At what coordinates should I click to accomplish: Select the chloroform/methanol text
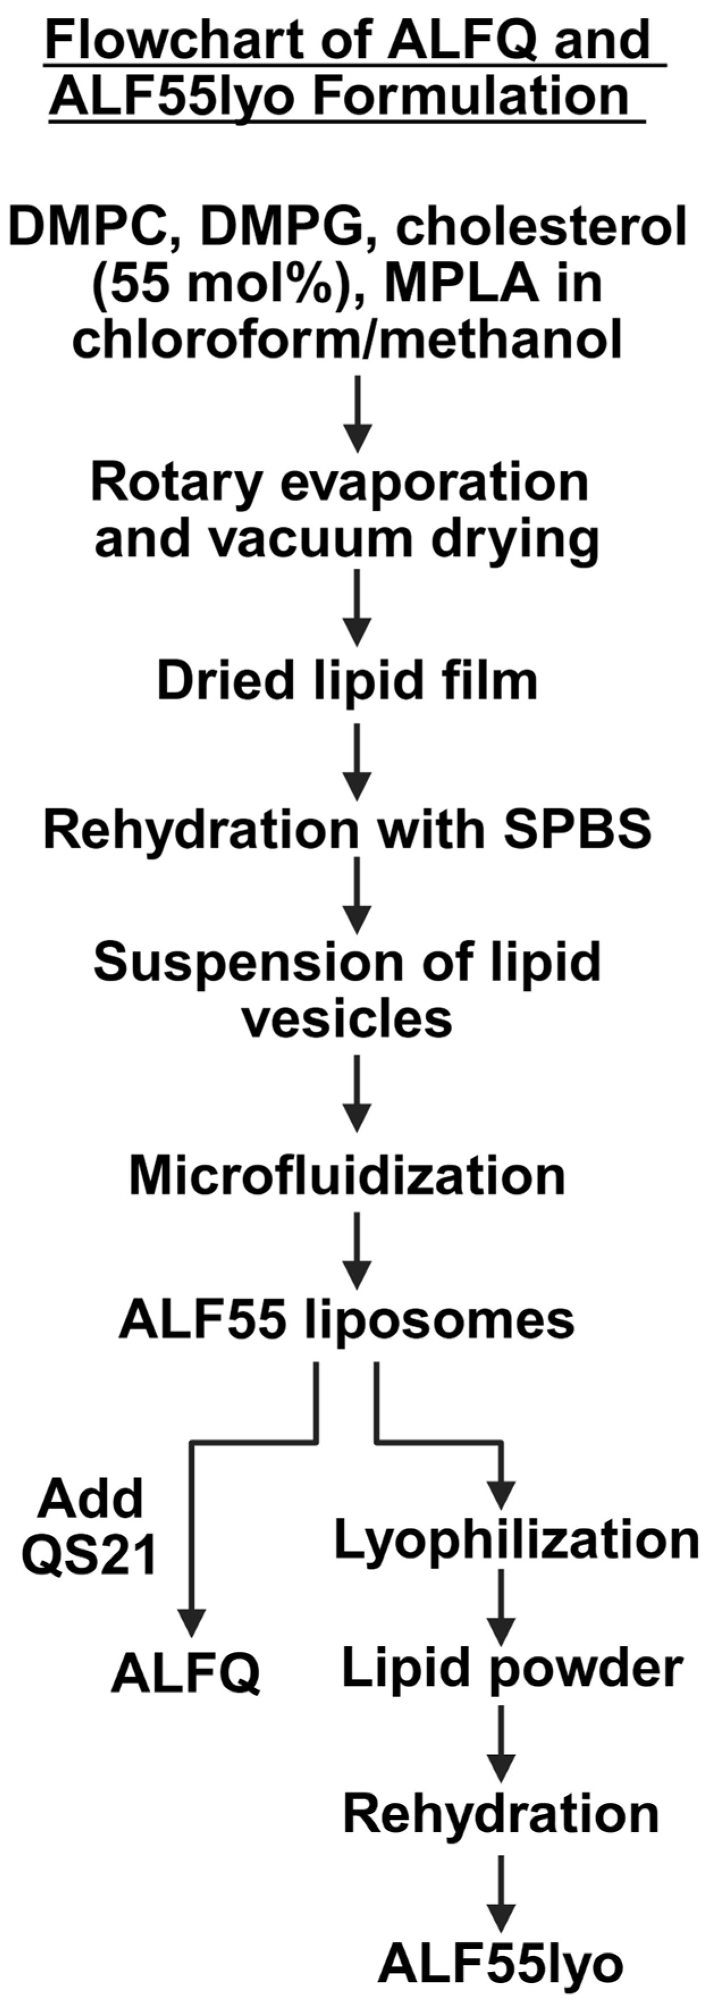pyautogui.click(x=347, y=340)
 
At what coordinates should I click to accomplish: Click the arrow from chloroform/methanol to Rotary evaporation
pyautogui.click(x=357, y=413)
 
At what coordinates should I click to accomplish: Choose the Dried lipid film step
pyautogui.click(x=347, y=681)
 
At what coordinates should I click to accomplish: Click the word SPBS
pyautogui.click(x=576, y=830)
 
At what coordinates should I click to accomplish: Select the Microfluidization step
pyautogui.click(x=347, y=1175)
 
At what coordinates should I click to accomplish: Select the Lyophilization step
pyautogui.click(x=517, y=1539)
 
